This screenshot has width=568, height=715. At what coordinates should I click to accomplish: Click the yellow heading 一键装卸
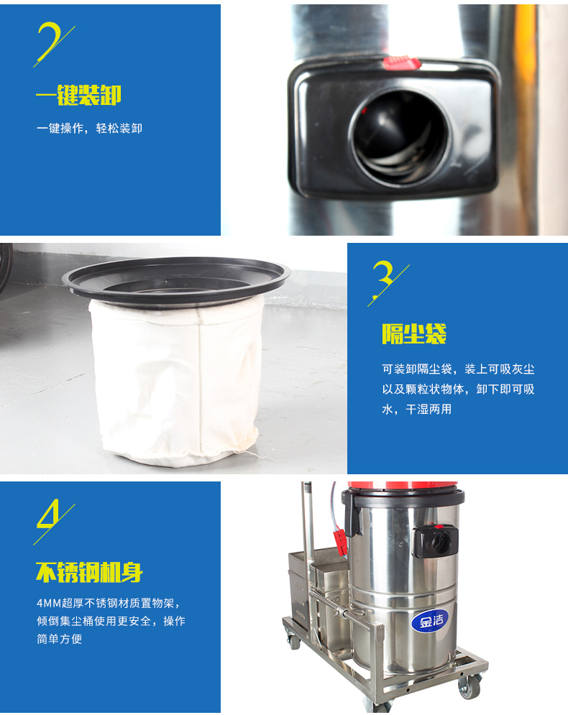coord(78,95)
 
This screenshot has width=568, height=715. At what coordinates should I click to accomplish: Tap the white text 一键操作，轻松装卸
coord(89,129)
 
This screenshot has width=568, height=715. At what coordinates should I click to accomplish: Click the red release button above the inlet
coord(401,63)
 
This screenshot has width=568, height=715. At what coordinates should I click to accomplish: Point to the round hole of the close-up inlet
coord(400,137)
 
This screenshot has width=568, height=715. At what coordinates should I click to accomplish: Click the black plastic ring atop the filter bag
coord(176,280)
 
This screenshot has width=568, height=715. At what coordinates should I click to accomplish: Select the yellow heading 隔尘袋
coord(414,334)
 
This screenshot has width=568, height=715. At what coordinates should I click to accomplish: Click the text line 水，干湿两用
coord(416,410)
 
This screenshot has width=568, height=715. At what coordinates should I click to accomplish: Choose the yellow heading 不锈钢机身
coord(89,572)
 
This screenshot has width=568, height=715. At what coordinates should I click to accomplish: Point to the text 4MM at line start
coord(49,604)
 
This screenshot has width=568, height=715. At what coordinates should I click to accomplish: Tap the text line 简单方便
coord(59,639)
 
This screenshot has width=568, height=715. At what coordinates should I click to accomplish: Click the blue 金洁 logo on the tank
coord(428,620)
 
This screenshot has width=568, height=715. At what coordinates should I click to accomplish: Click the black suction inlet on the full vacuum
coord(435,541)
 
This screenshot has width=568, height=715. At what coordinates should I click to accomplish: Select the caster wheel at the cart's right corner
coord(469,685)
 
